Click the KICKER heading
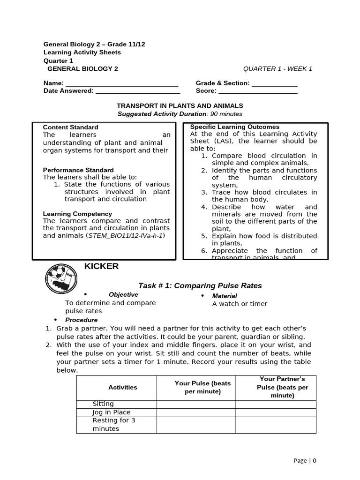pyautogui.click(x=101, y=267)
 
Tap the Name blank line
pyautogui.click(x=121, y=84)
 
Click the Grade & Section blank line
pyautogui.click(x=274, y=84)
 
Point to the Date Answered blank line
pyautogui.click(x=138, y=92)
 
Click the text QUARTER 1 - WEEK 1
pyautogui.click(x=277, y=69)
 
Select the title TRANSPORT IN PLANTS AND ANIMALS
pyautogui.click(x=180, y=106)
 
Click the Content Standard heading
pyautogui.click(x=71, y=127)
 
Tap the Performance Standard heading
pyautogui.click(x=78, y=170)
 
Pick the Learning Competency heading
pyautogui.click(x=77, y=214)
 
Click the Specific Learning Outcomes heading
pyautogui.click(x=234, y=127)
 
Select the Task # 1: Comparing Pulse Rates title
pyautogui.click(x=200, y=285)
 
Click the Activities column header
pyautogui.click(x=123, y=387)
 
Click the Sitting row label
pyautogui.click(x=103, y=404)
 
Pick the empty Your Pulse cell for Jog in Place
pyautogui.click(x=196, y=412)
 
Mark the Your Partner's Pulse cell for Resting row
pyautogui.click(x=276, y=425)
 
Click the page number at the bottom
pyautogui.click(x=305, y=460)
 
